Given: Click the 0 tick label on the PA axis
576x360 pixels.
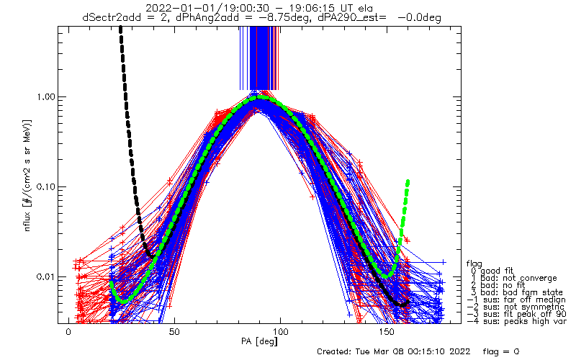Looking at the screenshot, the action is (x=68, y=332).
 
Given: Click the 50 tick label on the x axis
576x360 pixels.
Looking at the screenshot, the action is (x=174, y=332).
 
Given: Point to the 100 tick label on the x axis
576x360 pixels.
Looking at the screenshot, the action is (x=280, y=332).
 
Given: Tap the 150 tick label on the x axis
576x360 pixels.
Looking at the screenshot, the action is (x=386, y=332).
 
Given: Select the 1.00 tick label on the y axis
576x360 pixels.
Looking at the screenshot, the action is (x=45, y=97).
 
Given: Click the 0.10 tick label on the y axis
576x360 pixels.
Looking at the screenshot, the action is (x=45, y=187).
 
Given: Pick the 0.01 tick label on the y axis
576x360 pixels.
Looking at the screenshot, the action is (x=45, y=277).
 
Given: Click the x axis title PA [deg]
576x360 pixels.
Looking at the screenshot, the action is (x=259, y=341).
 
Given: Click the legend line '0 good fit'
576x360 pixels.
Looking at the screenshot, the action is (x=492, y=271).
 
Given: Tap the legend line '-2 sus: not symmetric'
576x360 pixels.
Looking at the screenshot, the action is (x=516, y=307).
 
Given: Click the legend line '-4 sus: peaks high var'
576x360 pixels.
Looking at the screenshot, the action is (x=516, y=321).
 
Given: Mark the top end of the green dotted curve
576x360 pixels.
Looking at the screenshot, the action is (x=408, y=181).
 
